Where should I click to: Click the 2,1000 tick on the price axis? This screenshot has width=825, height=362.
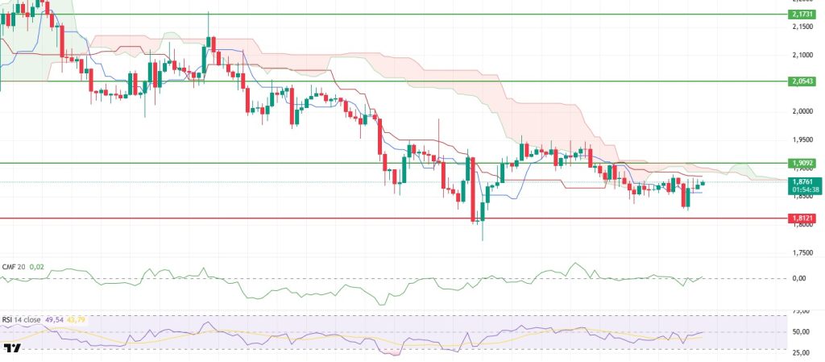point(801,55)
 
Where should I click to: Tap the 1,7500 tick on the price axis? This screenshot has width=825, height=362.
point(801,252)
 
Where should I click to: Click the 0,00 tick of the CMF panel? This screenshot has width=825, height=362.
point(799,278)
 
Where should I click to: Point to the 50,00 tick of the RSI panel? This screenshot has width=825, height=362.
point(801,331)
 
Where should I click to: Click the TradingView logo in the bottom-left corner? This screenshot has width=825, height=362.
point(11,349)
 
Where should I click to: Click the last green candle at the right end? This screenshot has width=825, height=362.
point(703,183)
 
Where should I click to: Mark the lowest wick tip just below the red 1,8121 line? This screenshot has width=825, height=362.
point(482,239)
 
